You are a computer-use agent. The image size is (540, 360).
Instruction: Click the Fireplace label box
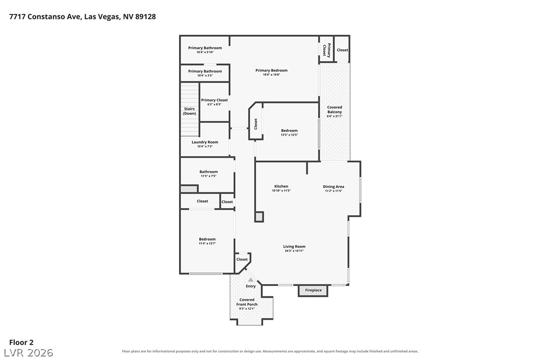pyautogui.click(x=313, y=290)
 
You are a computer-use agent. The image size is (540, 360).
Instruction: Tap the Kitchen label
pyautogui.click(x=281, y=186)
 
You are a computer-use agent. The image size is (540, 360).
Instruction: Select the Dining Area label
pyautogui.click(x=333, y=187)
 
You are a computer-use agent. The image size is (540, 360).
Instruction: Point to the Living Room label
pyautogui.click(x=294, y=247)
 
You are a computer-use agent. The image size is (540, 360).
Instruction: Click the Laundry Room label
pyautogui.click(x=205, y=142)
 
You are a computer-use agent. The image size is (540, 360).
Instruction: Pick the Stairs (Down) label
pyautogui.click(x=189, y=111)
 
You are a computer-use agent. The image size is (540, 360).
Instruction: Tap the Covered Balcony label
pyautogui.click(x=335, y=109)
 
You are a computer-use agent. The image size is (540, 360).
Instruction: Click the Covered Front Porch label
pyautogui.click(x=247, y=302)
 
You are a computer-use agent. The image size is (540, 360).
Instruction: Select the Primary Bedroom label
pyautogui.click(x=271, y=70)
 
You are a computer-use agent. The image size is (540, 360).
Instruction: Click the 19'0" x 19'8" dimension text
pyautogui.click(x=271, y=75)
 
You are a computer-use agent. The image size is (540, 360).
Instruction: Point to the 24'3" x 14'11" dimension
pyautogui.click(x=294, y=251)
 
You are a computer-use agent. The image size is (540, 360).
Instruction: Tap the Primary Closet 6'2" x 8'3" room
pyautogui.click(x=214, y=102)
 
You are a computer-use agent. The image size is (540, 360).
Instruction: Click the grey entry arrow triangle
pyautogui.click(x=251, y=280)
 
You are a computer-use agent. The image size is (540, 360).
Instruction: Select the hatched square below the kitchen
pyautogui.click(x=259, y=217)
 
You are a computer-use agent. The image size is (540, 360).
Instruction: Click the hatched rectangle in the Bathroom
pyautogui.click(x=189, y=189)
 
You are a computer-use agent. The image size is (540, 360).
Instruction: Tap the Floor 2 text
pyautogui.click(x=21, y=343)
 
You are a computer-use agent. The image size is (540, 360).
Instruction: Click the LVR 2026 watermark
pyautogui.click(x=28, y=353)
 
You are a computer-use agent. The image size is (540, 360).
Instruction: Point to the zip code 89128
pyautogui.click(x=145, y=16)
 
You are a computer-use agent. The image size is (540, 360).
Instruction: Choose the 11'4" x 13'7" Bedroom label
pyautogui.click(x=207, y=241)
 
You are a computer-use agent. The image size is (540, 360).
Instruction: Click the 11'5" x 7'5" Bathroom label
pyautogui.click(x=208, y=174)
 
